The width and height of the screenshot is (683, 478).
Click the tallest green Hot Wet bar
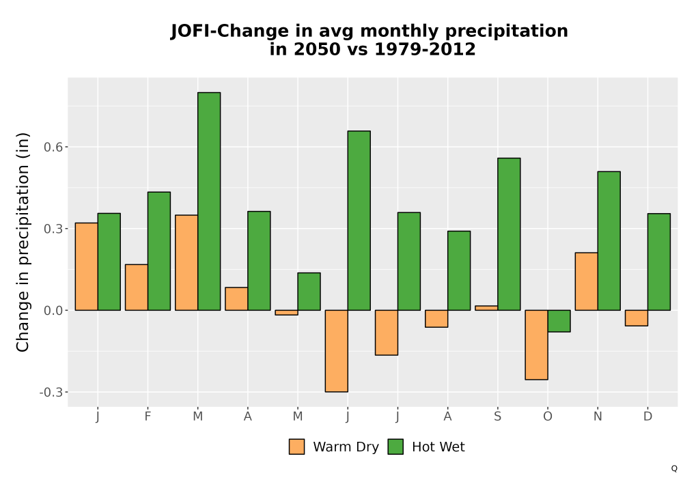pyautogui.click(x=209, y=201)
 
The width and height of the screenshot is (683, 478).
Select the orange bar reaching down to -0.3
pyautogui.click(x=336, y=351)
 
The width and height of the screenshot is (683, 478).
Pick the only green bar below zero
pyautogui.click(x=559, y=321)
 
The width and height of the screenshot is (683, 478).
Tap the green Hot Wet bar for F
pyautogui.click(x=159, y=251)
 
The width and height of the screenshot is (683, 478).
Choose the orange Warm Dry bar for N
pyautogui.click(x=586, y=281)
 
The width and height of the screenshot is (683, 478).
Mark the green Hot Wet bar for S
pyautogui.click(x=509, y=234)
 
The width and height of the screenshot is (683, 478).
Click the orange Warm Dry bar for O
pyautogui.click(x=536, y=345)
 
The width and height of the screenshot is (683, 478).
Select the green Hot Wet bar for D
pyautogui.click(x=659, y=262)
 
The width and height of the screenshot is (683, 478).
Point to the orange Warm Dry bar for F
pyautogui.click(x=137, y=287)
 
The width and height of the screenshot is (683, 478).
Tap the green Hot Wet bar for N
pyautogui.click(x=609, y=241)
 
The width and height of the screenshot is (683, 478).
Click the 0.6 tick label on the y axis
pyautogui.click(x=53, y=147)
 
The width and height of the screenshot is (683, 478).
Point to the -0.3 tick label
pyautogui.click(x=51, y=392)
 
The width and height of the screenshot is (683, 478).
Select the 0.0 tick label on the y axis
pyautogui.click(x=53, y=311)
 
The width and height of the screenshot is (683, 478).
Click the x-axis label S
pyautogui.click(x=497, y=417)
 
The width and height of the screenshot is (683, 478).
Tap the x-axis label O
pyautogui.click(x=548, y=417)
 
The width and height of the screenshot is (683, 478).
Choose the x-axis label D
pyautogui.click(x=647, y=417)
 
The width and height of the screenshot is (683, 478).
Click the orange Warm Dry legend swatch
pyautogui.click(x=296, y=447)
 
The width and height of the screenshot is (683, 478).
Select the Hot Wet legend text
pyautogui.click(x=438, y=447)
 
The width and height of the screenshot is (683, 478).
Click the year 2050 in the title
pyautogui.click(x=317, y=48)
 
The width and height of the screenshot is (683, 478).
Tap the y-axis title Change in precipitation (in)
pyautogui.click(x=23, y=242)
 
